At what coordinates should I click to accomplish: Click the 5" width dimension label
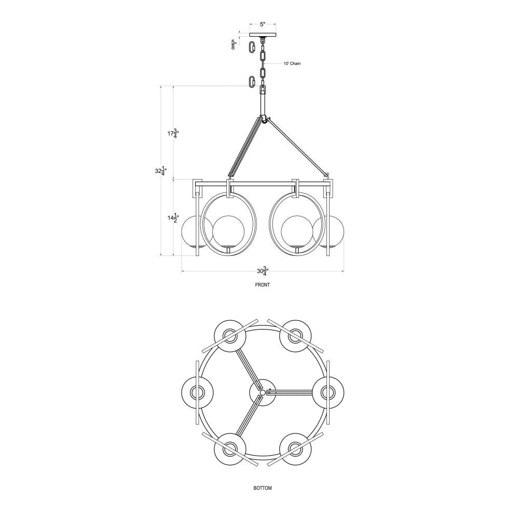263,24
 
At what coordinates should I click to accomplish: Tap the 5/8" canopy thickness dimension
234,44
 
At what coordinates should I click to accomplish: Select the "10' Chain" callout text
292,63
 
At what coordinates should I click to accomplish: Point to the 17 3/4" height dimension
172,134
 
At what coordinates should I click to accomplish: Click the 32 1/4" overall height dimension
160,171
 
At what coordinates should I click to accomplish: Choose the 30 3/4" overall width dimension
263,271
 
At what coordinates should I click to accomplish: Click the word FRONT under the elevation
263,284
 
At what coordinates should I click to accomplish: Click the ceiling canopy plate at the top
263,35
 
